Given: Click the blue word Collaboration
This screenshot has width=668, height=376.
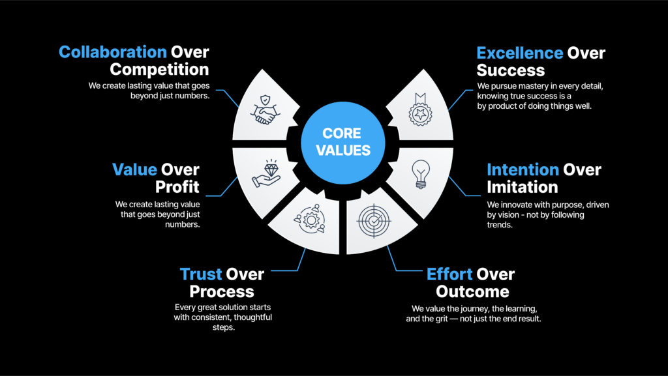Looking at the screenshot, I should [x=112, y=52].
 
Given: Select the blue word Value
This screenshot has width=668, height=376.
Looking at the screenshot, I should [x=134, y=170].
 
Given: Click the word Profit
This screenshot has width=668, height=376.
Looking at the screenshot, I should [x=177, y=187].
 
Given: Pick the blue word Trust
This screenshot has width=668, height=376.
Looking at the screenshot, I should [x=201, y=274].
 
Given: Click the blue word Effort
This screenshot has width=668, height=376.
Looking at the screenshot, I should [x=449, y=274].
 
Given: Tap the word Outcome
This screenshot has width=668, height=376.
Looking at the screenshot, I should [x=473, y=291].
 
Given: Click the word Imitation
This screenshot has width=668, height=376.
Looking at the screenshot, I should [x=522, y=187].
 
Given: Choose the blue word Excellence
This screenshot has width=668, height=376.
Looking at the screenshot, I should [x=520, y=53].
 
